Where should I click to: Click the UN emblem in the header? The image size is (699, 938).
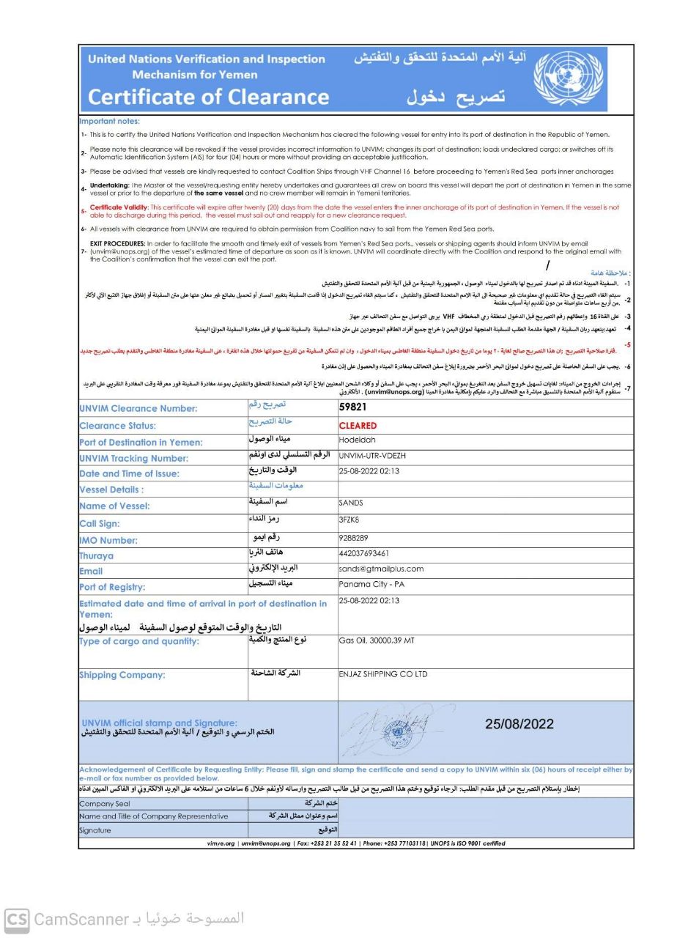[x=568, y=79]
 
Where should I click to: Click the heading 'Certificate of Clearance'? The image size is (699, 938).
[x=208, y=97]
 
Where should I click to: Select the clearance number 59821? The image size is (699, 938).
[x=352, y=407]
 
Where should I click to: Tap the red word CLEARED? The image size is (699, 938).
[x=358, y=425]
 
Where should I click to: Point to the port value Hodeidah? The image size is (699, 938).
[x=357, y=440]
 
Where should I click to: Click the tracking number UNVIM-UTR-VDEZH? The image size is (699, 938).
[x=372, y=456]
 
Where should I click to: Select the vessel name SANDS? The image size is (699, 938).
[x=351, y=503]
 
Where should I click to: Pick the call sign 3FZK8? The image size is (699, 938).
[x=349, y=520]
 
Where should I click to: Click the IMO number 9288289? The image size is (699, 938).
[x=353, y=538]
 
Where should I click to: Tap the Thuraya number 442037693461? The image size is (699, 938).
[x=363, y=553]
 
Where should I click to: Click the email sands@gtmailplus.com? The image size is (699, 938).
[x=381, y=569]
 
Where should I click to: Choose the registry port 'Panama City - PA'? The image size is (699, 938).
[x=371, y=585]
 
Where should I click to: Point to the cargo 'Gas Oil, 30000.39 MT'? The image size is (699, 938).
[x=377, y=640]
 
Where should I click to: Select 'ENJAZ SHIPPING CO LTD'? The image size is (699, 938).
[x=382, y=674]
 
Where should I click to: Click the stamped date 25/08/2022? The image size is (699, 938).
[x=519, y=724]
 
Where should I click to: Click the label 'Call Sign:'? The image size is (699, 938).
[x=99, y=524]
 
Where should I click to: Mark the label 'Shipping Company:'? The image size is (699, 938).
[x=122, y=675]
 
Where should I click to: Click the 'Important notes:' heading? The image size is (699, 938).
[x=109, y=122]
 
